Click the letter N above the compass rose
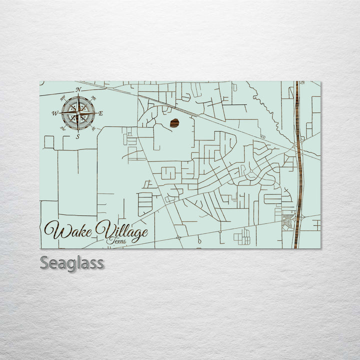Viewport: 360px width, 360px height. pos(78,89)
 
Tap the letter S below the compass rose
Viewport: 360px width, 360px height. pos(77,136)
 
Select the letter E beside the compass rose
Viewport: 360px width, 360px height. pos(101,113)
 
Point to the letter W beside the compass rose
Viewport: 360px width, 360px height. pos(54,113)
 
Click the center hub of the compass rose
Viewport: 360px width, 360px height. pos(78,113)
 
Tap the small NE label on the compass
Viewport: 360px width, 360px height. pos(93,97)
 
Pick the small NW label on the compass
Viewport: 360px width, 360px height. pos(62,97)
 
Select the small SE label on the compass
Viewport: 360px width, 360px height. pos(93,129)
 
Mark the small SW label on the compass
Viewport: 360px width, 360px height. pos(62,128)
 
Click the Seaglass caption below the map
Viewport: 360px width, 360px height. pos(72,262)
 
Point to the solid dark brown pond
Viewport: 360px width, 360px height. pos(175,123)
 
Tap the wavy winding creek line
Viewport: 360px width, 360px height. pos(265,107)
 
